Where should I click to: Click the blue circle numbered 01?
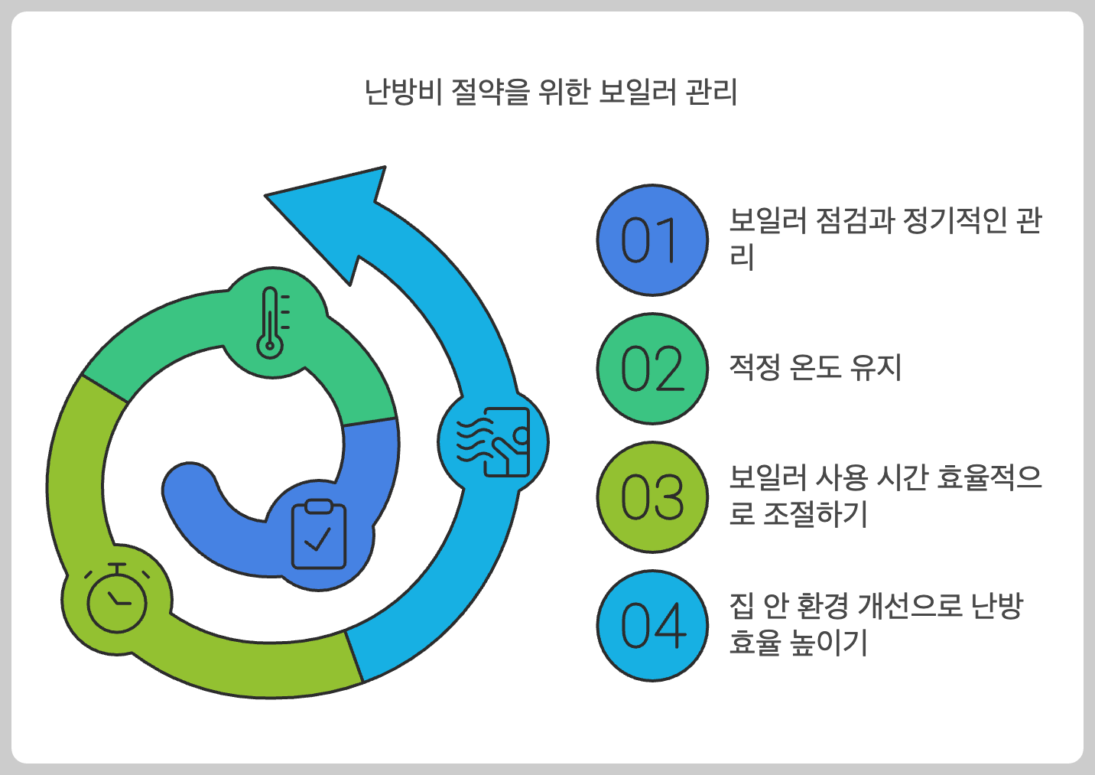tap(651, 240)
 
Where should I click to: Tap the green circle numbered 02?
tap(651, 369)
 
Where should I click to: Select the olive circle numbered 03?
tap(651, 497)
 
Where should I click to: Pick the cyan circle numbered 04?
tap(651, 626)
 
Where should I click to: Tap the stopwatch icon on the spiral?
tap(117, 598)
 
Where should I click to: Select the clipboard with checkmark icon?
tap(319, 534)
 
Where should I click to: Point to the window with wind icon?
tap(494, 441)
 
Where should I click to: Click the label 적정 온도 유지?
tap(815, 367)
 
